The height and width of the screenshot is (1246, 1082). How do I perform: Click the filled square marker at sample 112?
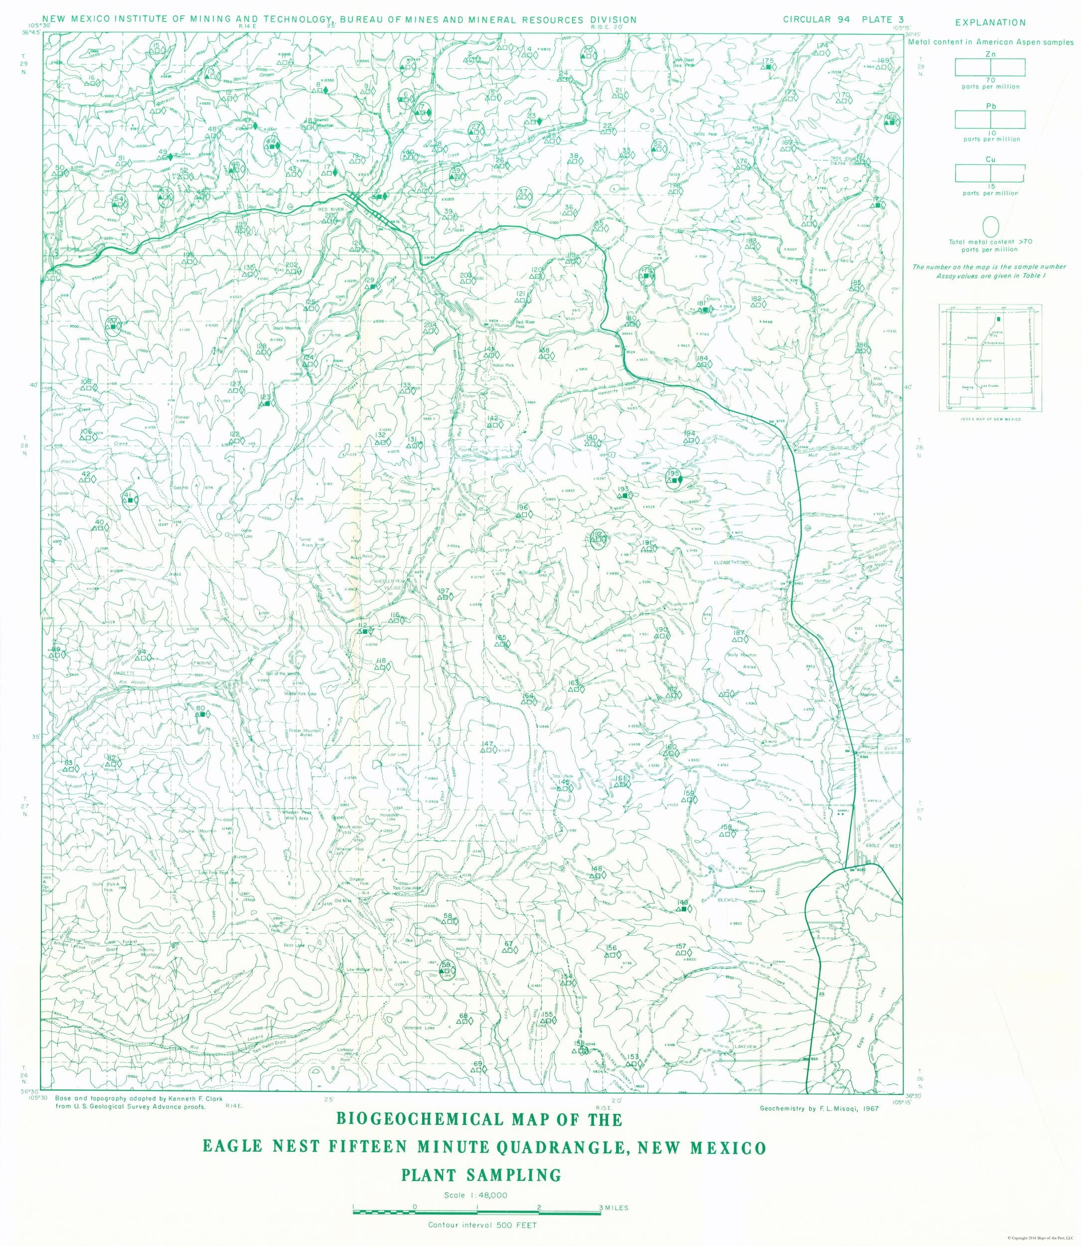click(x=365, y=631)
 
